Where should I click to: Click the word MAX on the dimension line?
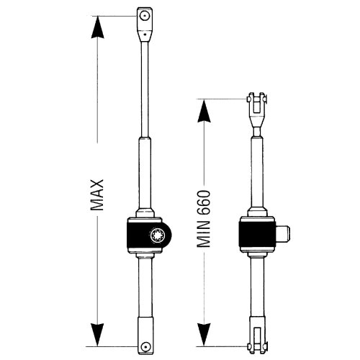coord(97,195)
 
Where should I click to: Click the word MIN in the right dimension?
coord(204,235)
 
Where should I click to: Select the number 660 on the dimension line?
coord(204,203)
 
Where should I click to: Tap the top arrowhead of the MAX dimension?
coord(97,27)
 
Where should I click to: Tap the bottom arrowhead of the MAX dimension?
coord(97,335)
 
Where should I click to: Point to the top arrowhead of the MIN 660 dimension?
coord(204,111)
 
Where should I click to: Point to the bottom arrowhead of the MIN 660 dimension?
coord(204,335)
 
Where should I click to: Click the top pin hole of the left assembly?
coord(145,16)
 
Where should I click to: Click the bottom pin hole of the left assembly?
coord(145,346)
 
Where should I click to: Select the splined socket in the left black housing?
coord(156,235)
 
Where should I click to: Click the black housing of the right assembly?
coord(257,235)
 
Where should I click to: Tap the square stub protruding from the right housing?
coord(283,235)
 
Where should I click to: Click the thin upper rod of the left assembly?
coord(145,89)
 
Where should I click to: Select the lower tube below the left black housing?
coord(145,287)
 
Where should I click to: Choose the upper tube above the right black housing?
coord(257,172)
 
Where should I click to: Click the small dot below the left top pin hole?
coord(145,34)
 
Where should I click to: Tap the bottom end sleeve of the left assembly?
coord(145,336)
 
